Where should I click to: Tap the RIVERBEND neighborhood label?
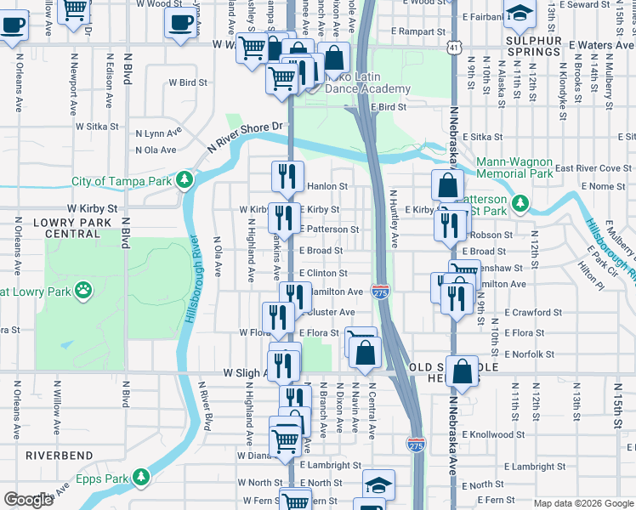coord(59,456)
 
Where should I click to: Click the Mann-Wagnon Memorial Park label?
coord(514,167)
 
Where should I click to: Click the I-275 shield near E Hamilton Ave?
coord(380,292)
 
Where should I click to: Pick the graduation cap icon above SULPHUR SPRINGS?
coord(519,13)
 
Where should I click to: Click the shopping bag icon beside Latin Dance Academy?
coord(335,58)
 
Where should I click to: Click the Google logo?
coord(29,500)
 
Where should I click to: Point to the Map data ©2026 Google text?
coord(582,503)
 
